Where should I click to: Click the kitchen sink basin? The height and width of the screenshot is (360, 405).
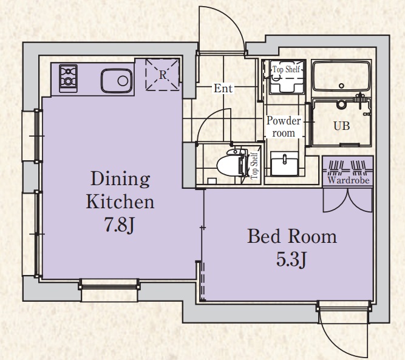coord(117,81)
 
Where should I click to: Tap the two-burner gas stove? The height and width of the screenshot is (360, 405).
coord(68,78)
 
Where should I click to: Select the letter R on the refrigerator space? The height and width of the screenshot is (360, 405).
coord(163,75)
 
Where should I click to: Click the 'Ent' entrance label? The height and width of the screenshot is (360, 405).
coord(223,88)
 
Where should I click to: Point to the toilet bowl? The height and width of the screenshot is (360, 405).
coord(230,163)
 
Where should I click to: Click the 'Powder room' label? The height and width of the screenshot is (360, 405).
coord(284,127)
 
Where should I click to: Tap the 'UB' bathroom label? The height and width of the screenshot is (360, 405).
coord(341,126)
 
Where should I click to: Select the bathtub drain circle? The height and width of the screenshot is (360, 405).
coord(341,86)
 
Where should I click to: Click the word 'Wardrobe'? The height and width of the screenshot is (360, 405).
coord(349,180)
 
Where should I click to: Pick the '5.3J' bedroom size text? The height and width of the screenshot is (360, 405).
coord(291,259)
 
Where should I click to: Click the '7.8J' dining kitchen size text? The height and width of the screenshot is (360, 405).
coord(119,225)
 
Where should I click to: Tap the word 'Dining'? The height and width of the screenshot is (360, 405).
coord(120,178)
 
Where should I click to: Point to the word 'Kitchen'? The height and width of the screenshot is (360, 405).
coord(120,202)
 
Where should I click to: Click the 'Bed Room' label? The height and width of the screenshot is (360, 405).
coord(292,236)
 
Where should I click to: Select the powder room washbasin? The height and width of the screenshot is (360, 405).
coord(284,163)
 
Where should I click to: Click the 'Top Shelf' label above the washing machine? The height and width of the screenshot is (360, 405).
coord(286,69)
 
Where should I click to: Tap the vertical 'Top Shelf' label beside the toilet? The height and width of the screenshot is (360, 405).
coord(254,166)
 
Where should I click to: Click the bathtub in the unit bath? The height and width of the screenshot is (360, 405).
coord(341,76)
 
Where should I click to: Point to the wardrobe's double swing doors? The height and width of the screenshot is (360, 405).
coord(348,200)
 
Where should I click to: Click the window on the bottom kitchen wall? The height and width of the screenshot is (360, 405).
coord(109,286)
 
